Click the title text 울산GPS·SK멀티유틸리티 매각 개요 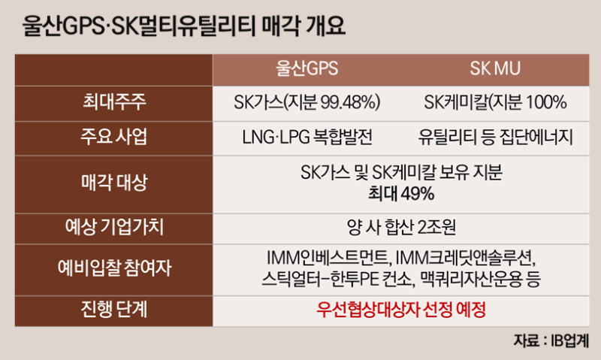point(184,26)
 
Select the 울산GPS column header point(307,69)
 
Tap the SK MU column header point(495,69)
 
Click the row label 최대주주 point(114,102)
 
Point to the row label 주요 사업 point(114,137)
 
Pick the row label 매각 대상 point(114,182)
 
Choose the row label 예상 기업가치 point(114,227)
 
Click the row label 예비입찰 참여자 point(114,268)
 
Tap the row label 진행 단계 point(114,309)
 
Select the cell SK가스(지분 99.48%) point(307,102)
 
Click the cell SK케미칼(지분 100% point(495,102)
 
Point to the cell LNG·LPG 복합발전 point(307,137)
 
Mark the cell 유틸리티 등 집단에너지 point(495,137)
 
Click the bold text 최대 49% point(401,193)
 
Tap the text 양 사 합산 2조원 point(401,227)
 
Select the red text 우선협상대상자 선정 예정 point(401,309)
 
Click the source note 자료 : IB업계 point(551,340)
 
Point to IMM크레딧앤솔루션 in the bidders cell point(464,258)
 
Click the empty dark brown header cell point(114,70)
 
